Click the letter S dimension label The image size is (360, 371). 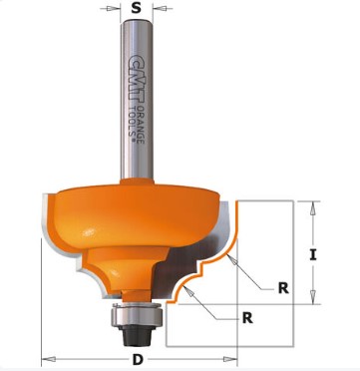136,8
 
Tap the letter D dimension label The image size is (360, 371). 138,359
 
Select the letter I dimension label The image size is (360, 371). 313,255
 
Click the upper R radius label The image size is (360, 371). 283,288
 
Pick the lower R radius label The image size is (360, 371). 247,318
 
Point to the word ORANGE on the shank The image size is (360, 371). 141,125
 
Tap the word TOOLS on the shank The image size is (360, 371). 133,122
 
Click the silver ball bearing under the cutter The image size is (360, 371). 137,315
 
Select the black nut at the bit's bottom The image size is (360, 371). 137,335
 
